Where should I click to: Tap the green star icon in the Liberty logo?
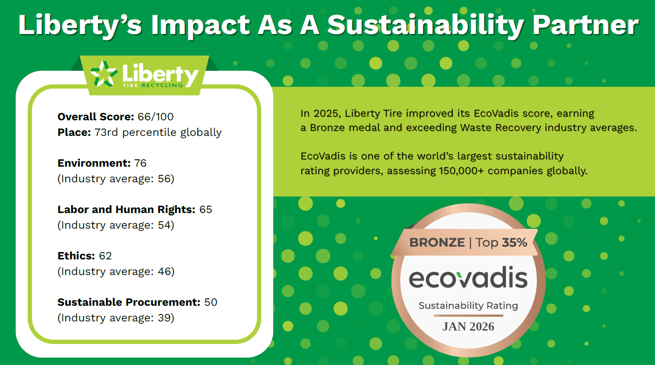coord(103,73)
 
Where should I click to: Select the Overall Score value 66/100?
coord(155,117)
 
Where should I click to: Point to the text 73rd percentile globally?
coord(158,133)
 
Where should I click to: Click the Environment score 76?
coord(140,163)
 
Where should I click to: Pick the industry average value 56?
coord(164,179)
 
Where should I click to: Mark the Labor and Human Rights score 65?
coord(206,209)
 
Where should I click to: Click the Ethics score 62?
coord(105,256)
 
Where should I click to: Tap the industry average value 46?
coord(164,271)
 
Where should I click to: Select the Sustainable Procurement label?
coord(129,302)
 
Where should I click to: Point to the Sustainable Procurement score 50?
coord(211,302)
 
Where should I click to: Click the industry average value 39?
coord(164,318)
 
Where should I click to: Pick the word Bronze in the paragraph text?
coord(327,128)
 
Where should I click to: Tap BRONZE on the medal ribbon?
coord(437,242)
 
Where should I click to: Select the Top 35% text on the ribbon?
coord(501,242)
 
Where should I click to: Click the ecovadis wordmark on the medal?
coord(468,278)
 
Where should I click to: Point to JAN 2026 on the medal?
coord(468,326)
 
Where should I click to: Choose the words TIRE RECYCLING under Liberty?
coord(153,85)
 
